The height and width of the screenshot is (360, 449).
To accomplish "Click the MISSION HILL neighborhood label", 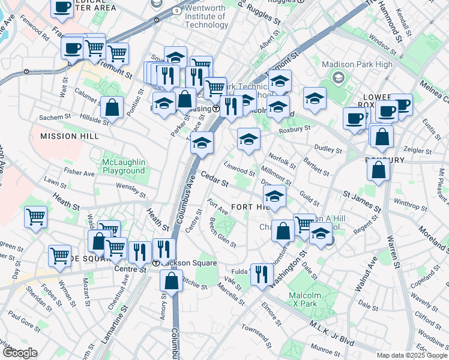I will [67, 136].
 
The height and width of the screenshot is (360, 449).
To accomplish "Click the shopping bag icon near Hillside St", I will [112, 108].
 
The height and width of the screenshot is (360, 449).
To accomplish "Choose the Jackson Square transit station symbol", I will [156, 263].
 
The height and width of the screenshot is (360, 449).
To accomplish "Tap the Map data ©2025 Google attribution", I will [412, 355].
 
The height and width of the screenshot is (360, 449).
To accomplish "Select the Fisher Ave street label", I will [79, 173].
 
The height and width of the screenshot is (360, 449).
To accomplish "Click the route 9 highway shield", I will [175, 11].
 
